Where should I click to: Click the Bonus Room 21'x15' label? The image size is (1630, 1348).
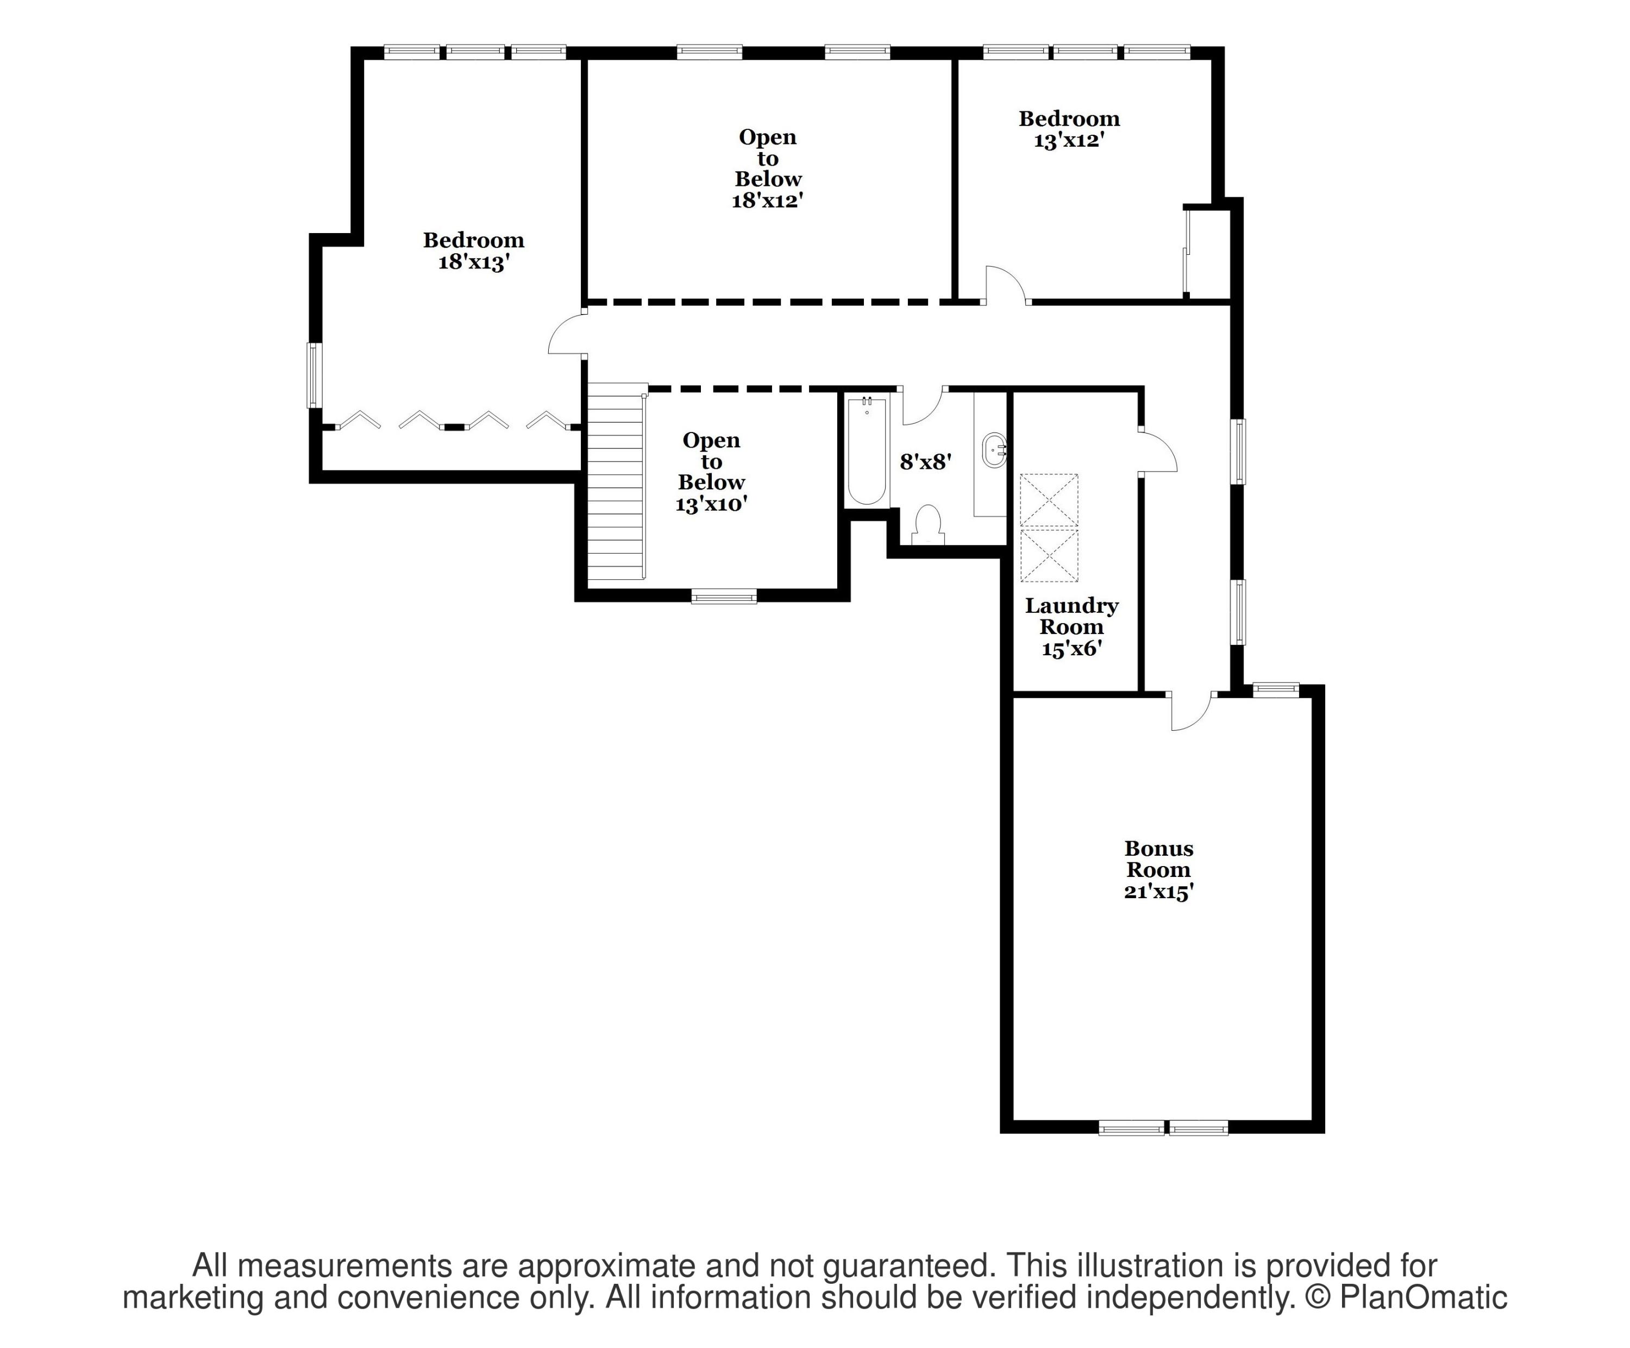[1158, 870]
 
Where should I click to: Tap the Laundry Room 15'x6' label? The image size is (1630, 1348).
[1071, 627]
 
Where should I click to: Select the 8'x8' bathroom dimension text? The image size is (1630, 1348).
[925, 462]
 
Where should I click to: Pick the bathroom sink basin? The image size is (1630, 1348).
[994, 450]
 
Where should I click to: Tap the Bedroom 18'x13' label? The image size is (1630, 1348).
[473, 250]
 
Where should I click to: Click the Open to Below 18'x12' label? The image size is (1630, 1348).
[767, 168]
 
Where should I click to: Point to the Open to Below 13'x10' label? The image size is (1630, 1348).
[711, 472]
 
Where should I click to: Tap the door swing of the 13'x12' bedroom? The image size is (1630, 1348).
[1005, 283]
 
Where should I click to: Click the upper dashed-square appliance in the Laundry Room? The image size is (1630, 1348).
[1049, 500]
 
